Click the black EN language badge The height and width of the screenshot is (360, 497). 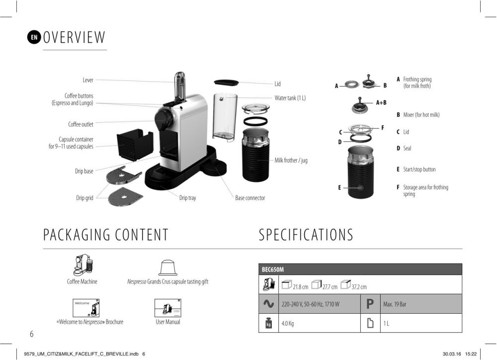click(x=34, y=37)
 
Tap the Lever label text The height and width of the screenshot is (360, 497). click(x=88, y=80)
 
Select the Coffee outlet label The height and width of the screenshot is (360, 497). click(x=81, y=124)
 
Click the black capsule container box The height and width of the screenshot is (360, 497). click(x=135, y=144)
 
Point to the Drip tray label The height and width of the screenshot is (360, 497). click(x=188, y=198)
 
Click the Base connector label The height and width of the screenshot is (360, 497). click(x=250, y=198)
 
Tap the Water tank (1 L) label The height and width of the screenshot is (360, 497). click(x=290, y=98)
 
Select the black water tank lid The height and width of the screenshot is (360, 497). click(x=226, y=83)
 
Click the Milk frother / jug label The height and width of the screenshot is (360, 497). click(x=291, y=160)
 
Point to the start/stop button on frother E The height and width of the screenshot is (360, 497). click(x=360, y=187)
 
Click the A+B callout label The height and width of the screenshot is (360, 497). click(x=381, y=102)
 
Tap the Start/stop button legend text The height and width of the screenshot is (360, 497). click(x=419, y=170)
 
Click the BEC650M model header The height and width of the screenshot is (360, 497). click(x=272, y=270)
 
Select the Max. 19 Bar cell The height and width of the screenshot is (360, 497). click(x=395, y=304)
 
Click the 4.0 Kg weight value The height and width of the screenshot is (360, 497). click(x=287, y=324)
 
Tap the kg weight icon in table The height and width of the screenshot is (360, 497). click(x=268, y=323)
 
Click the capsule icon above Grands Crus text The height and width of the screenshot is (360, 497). click(x=167, y=268)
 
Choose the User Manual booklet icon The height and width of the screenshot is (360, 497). click(x=167, y=308)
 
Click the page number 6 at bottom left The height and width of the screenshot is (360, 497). click(x=31, y=334)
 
